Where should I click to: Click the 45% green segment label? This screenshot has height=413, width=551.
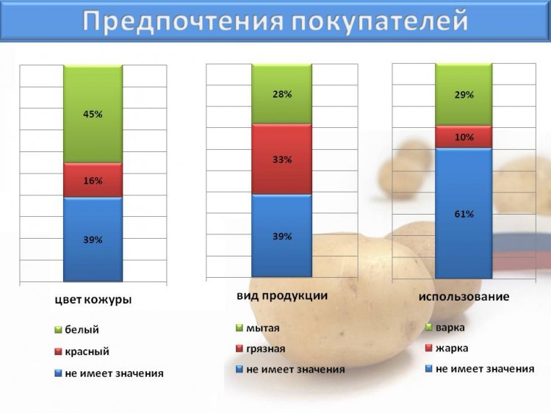pyautogui.click(x=93, y=114)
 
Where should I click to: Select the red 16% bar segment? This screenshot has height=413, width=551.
pyautogui.click(x=93, y=180)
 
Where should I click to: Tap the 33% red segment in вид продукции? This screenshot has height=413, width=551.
pyautogui.click(x=282, y=159)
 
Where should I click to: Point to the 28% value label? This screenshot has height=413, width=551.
pyautogui.click(x=282, y=94)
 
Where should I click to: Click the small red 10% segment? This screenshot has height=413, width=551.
pyautogui.click(x=464, y=137)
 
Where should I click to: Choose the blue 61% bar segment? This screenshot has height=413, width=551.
pyautogui.click(x=464, y=213)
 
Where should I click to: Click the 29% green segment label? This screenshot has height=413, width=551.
pyautogui.click(x=464, y=95)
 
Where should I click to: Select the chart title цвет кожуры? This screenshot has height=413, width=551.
pyautogui.click(x=93, y=300)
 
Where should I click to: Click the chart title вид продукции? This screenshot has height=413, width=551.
pyautogui.click(x=282, y=296)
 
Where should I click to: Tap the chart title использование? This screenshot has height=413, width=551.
pyautogui.click(x=464, y=296)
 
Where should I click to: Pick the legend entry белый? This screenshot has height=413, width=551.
pyautogui.click(x=77, y=330)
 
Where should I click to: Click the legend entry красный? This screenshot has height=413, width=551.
pyautogui.click(x=82, y=351)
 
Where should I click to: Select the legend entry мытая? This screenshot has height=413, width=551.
pyautogui.click(x=258, y=328)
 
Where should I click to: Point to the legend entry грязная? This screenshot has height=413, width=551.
pyautogui.click(x=261, y=348)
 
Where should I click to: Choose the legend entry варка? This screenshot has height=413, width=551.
pyautogui.click(x=445, y=328)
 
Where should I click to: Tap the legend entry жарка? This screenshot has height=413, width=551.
pyautogui.click(x=447, y=348)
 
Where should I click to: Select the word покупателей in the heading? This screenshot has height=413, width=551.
pyautogui.click(x=380, y=21)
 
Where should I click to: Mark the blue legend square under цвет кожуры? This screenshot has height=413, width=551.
pyautogui.click(x=58, y=373)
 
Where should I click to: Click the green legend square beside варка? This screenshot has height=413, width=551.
pyautogui.click(x=429, y=328)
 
